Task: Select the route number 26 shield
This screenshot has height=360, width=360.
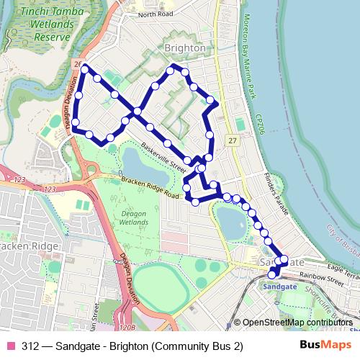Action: click(x=77, y=64)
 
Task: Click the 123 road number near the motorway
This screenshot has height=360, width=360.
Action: click(x=49, y=189)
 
